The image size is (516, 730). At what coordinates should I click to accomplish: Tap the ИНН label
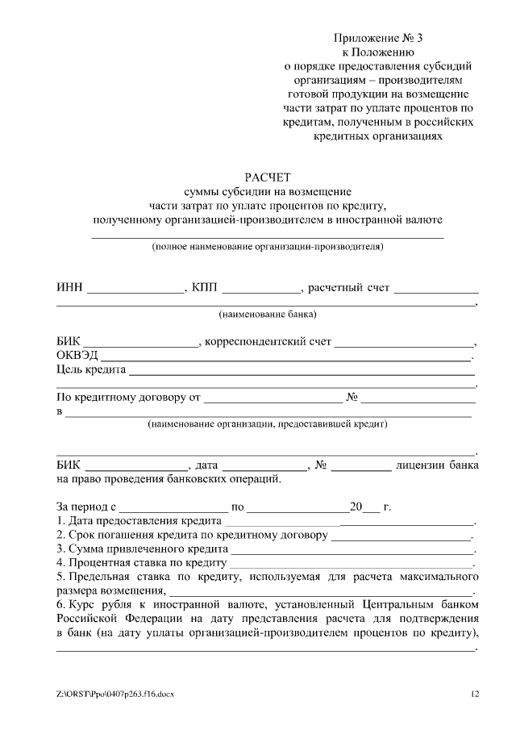click(69, 288)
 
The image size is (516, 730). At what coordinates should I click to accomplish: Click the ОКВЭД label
click(77, 356)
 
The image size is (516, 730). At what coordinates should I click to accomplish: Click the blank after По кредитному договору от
click(273, 398)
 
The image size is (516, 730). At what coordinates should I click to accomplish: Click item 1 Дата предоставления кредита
click(133, 521)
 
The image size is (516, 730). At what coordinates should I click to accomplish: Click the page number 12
click(475, 693)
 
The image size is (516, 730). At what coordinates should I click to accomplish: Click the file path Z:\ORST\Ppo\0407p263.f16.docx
click(114, 693)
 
